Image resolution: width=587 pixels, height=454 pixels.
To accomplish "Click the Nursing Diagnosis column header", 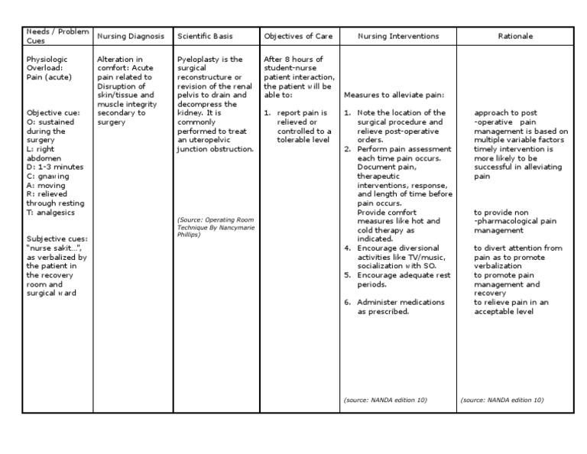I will [130, 37].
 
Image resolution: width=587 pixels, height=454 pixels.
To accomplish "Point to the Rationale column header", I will [517, 37].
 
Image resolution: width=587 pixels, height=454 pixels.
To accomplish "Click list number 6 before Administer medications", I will [347, 301].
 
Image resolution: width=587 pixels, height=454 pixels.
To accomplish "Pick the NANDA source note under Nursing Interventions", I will [385, 400].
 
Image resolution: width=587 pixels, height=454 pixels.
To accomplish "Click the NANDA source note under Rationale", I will [502, 400].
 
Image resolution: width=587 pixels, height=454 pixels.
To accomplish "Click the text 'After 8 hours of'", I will [293, 60].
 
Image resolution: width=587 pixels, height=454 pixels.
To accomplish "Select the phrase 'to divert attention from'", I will [517, 248].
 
